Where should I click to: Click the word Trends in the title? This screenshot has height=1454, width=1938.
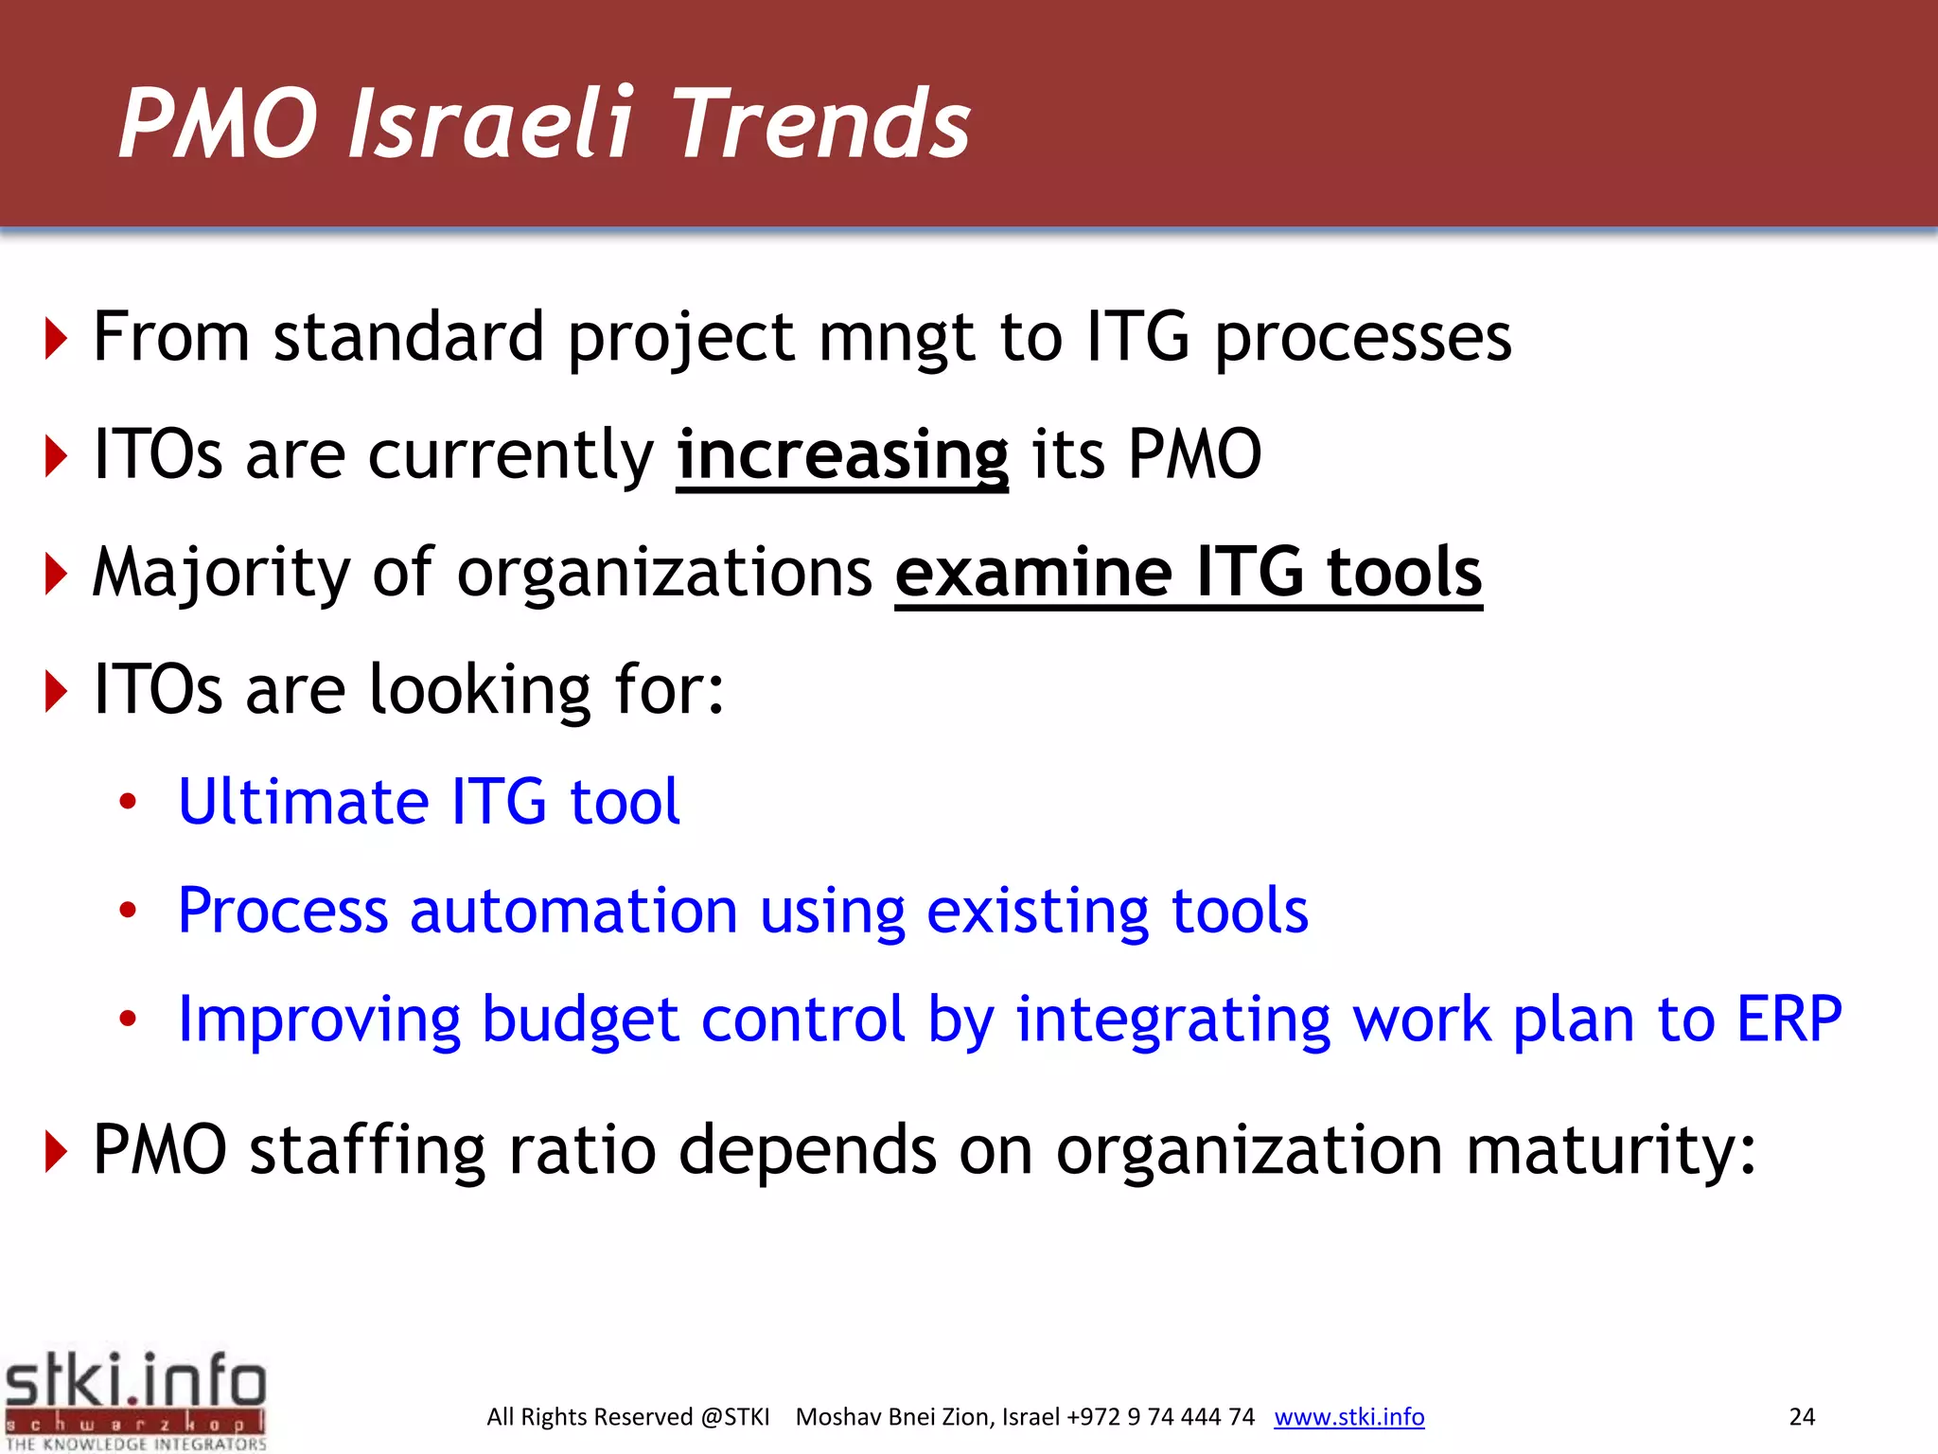click(821, 123)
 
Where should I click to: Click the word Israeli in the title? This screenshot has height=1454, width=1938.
click(489, 123)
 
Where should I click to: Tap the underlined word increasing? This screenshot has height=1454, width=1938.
click(842, 455)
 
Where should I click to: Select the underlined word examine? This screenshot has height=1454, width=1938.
click(1033, 573)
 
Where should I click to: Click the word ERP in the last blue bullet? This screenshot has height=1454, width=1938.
click(1788, 1020)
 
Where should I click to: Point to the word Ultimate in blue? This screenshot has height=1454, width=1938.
click(303, 802)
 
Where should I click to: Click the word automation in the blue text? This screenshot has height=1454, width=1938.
click(573, 911)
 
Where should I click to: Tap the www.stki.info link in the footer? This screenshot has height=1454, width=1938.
click(1348, 1417)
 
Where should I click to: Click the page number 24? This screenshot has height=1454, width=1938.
click(1802, 1417)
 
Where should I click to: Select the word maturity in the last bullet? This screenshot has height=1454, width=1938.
click(1609, 1151)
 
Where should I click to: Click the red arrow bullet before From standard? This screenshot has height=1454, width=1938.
click(57, 339)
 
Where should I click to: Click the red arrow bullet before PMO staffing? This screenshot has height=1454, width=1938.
click(57, 1152)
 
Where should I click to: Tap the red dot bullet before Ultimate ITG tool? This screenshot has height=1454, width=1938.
click(128, 803)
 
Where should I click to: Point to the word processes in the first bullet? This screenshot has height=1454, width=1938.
click(1363, 339)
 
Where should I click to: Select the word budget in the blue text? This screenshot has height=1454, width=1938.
click(579, 1020)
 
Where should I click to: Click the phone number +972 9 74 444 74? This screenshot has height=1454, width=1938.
click(1160, 1417)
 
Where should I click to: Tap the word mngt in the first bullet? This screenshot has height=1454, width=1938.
click(895, 339)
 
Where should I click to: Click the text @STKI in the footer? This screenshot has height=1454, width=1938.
click(734, 1417)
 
